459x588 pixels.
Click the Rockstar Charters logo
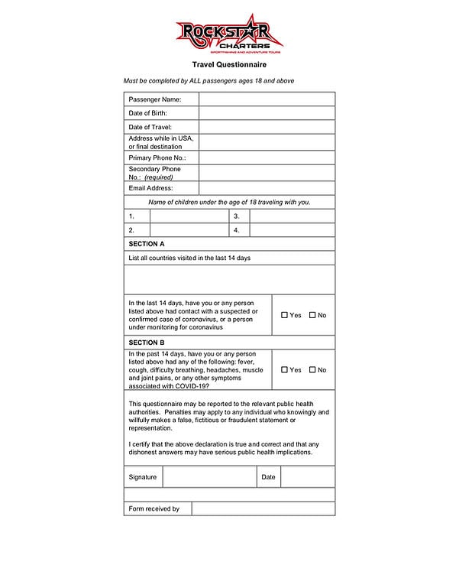point(229,34)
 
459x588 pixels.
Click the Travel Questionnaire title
point(229,66)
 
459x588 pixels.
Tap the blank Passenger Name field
point(267,99)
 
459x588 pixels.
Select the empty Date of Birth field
point(267,113)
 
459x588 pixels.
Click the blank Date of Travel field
point(267,127)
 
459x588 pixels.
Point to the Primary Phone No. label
point(157,158)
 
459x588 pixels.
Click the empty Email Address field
point(267,187)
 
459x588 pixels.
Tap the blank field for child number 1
point(189,216)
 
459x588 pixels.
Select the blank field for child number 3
point(292,216)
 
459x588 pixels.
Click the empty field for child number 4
point(292,230)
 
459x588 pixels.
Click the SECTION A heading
point(147,244)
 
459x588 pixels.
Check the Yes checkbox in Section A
point(285,315)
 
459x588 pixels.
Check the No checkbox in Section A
point(312,315)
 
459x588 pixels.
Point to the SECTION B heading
point(147,343)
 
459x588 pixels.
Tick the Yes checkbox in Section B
point(285,370)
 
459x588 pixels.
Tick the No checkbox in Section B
point(312,370)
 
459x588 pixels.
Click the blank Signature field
point(209,476)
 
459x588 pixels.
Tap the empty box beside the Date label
point(308,476)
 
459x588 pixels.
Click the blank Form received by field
point(263,508)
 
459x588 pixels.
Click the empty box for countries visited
point(229,280)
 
